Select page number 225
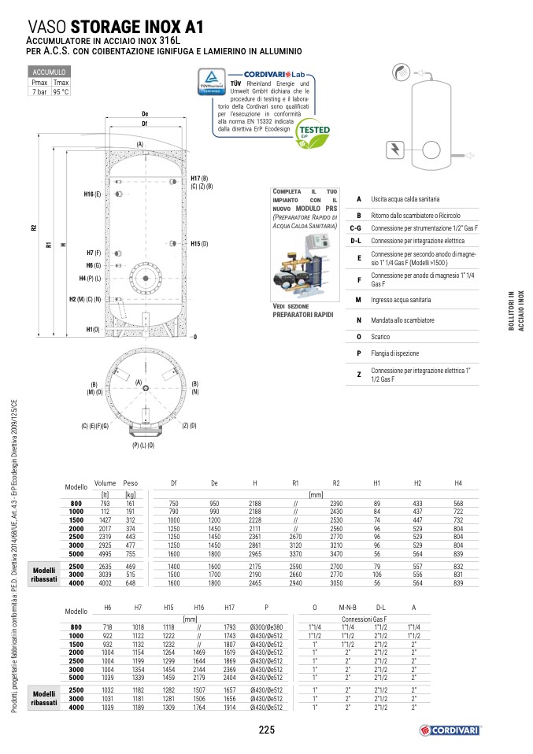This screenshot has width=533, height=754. click(266, 729)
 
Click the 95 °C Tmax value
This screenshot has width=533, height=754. click(61, 91)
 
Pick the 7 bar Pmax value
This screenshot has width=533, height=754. click(39, 91)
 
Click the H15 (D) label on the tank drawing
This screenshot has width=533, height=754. click(199, 244)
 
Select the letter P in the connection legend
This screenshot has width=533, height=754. click(358, 353)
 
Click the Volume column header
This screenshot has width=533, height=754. click(105, 482)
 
